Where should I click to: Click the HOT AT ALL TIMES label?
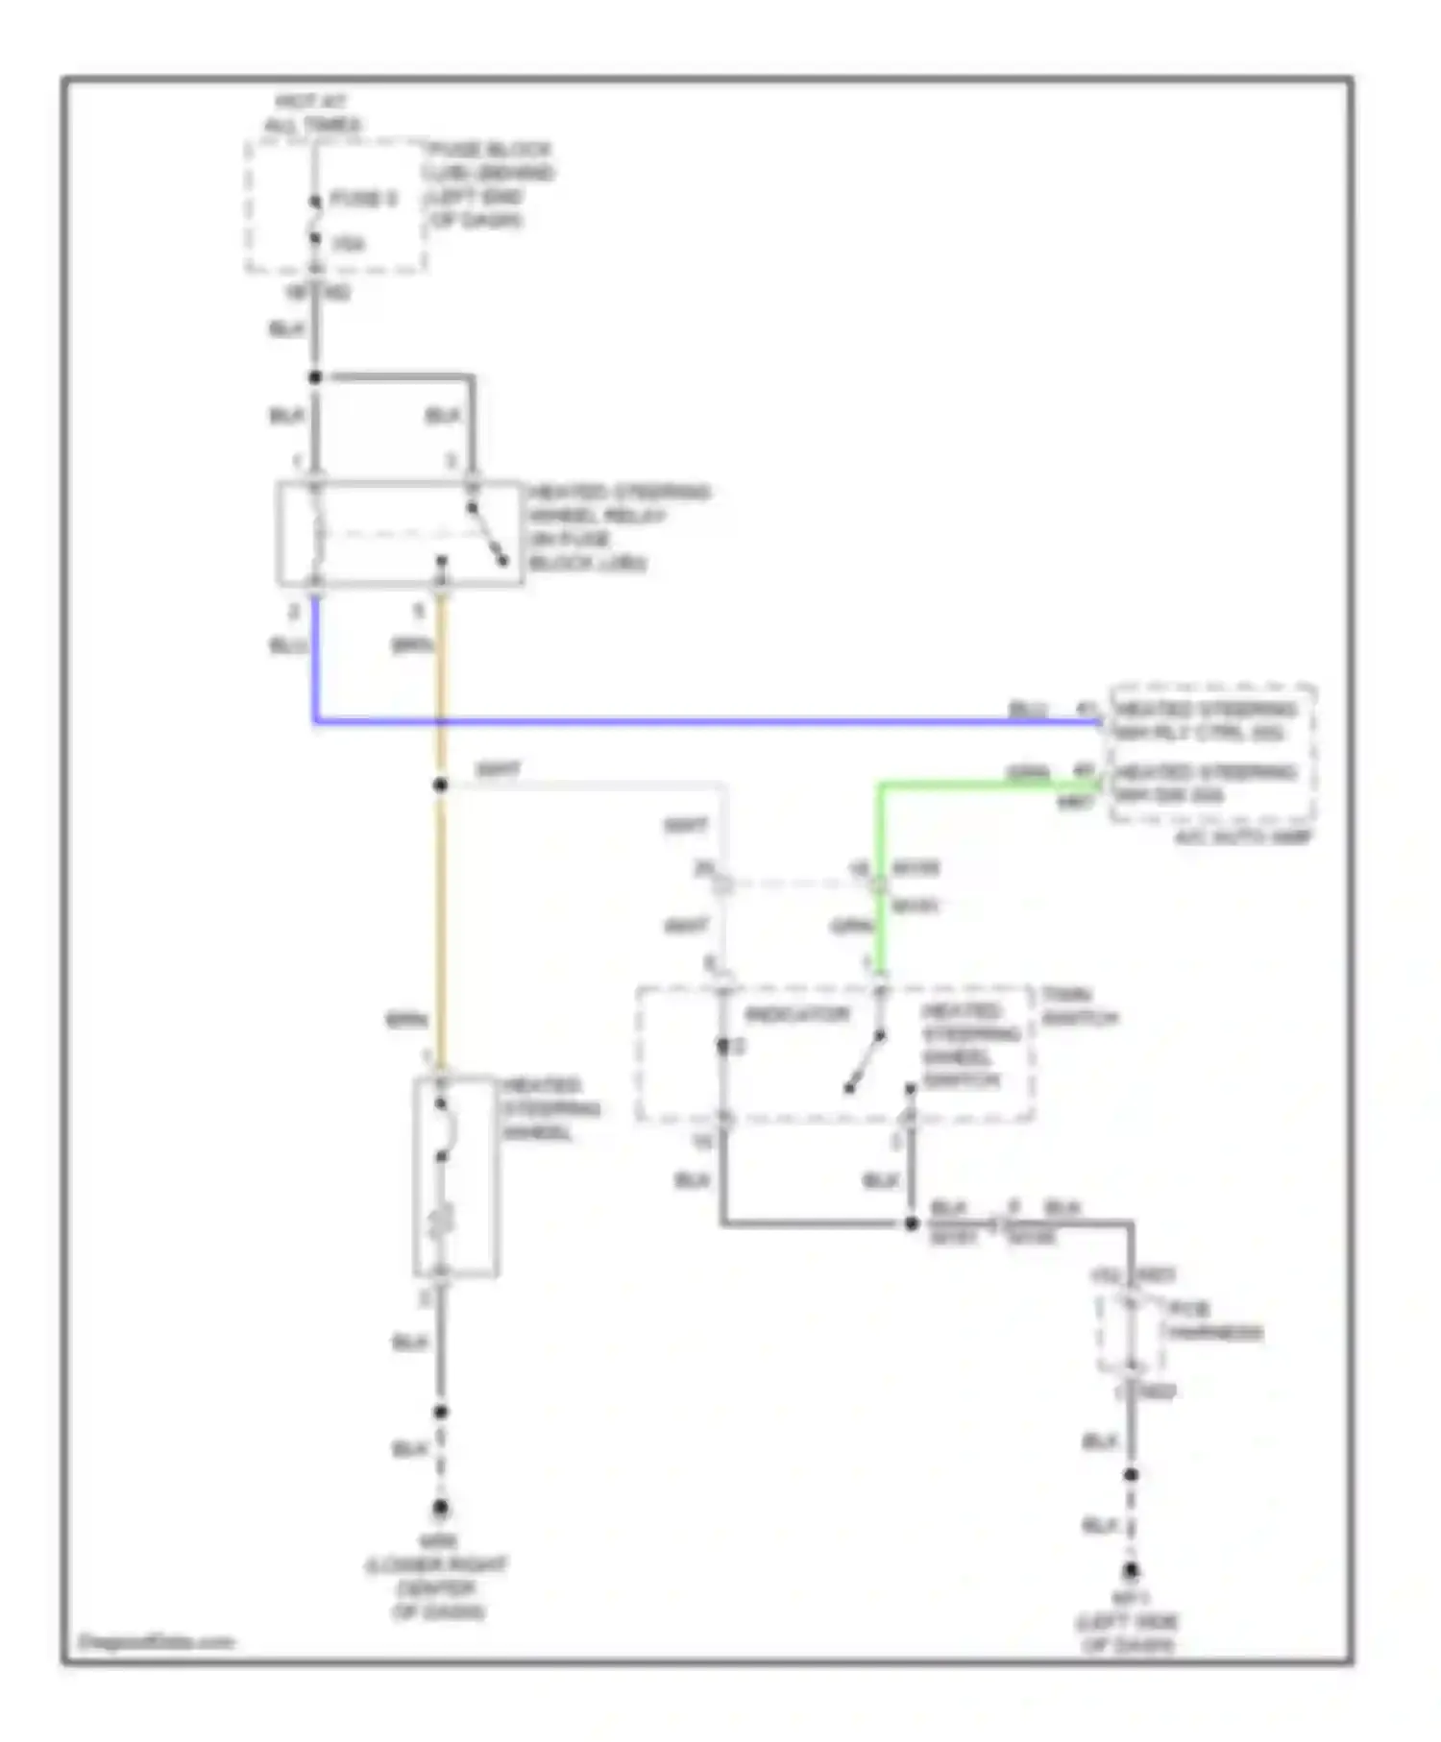click(313, 113)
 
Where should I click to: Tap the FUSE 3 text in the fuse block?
click(363, 199)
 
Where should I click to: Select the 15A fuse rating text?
click(348, 244)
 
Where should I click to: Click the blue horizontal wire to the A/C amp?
click(711, 719)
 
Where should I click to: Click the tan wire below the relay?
click(441, 864)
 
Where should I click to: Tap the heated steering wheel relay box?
click(400, 533)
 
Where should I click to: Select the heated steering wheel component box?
click(455, 1175)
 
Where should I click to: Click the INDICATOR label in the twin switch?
click(797, 1014)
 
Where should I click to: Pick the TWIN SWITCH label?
click(1080, 1006)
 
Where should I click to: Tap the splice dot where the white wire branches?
click(440, 785)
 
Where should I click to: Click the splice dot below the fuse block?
click(315, 377)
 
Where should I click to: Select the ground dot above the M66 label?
click(440, 1508)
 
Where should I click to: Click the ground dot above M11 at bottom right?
click(1132, 1571)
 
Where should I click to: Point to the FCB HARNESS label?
click(1212, 1320)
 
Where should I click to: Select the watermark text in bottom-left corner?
click(156, 1641)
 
